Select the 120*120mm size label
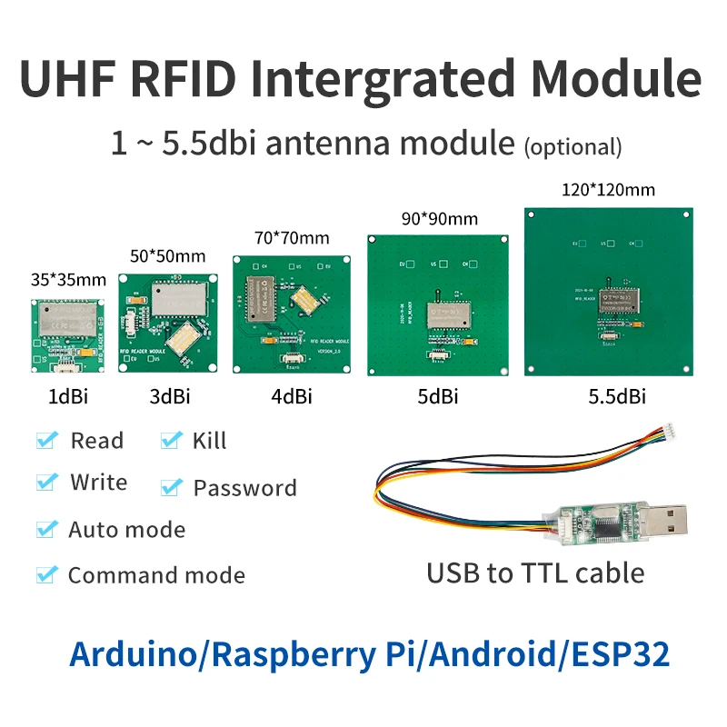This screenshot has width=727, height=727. tap(609, 190)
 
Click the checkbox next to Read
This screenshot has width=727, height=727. tap(46, 441)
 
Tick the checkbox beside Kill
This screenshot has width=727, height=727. tap(170, 441)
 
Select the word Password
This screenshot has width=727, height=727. tap(244, 488)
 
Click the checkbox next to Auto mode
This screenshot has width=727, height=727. tap(46, 529)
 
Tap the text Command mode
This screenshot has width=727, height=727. tap(156, 575)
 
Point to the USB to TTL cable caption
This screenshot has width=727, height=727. tap(535, 573)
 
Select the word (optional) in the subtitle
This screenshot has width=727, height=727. tap(573, 147)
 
